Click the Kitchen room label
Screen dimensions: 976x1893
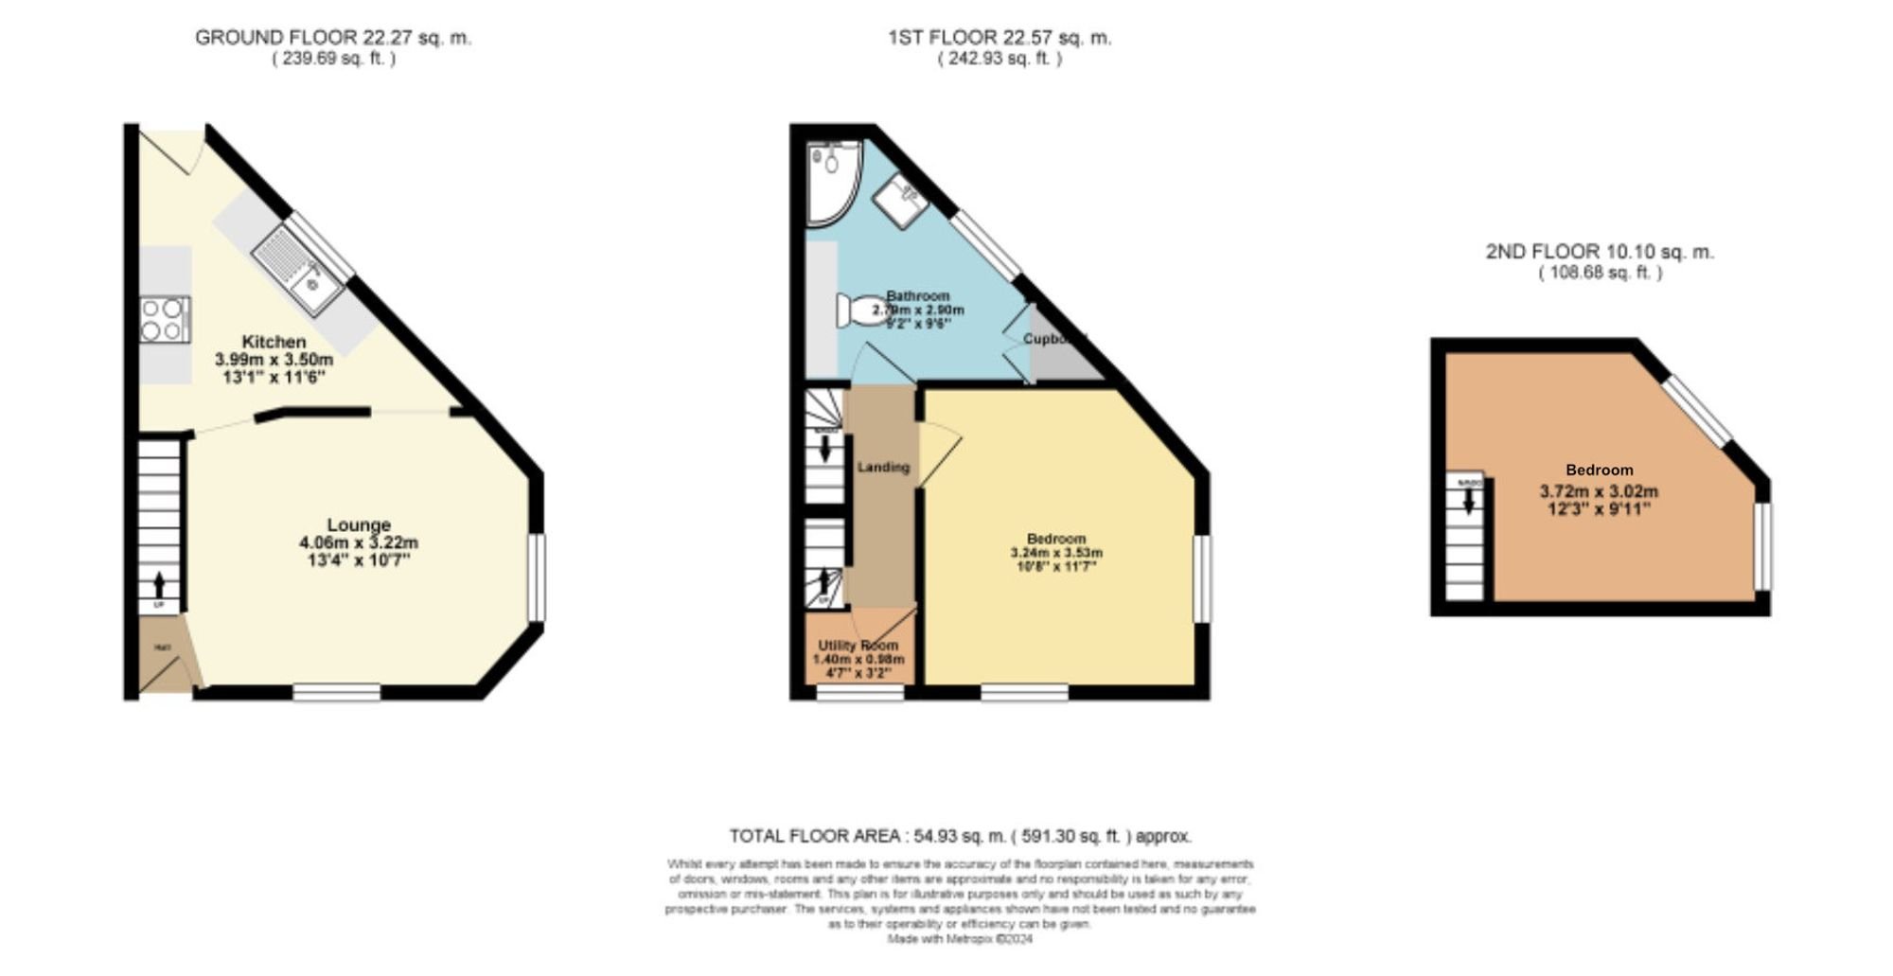(x=274, y=342)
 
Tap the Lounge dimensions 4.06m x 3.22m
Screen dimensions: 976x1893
(x=358, y=543)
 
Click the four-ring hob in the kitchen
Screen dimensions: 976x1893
(x=163, y=319)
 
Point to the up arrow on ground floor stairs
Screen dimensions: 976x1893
(x=159, y=584)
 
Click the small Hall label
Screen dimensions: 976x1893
(x=163, y=648)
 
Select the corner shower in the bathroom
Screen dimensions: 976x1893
(x=830, y=180)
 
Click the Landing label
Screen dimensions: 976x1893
(x=883, y=467)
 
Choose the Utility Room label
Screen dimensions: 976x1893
(x=858, y=645)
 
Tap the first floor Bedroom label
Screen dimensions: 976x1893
(x=1056, y=539)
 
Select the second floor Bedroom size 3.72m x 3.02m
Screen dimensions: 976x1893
(x=1599, y=491)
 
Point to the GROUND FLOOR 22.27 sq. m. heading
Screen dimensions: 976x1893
(x=332, y=38)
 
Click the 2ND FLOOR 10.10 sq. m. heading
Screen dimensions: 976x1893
(x=1600, y=252)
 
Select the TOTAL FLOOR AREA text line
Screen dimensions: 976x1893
(x=960, y=836)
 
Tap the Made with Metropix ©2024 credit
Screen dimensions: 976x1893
(x=960, y=939)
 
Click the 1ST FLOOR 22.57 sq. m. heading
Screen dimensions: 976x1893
(x=1000, y=38)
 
